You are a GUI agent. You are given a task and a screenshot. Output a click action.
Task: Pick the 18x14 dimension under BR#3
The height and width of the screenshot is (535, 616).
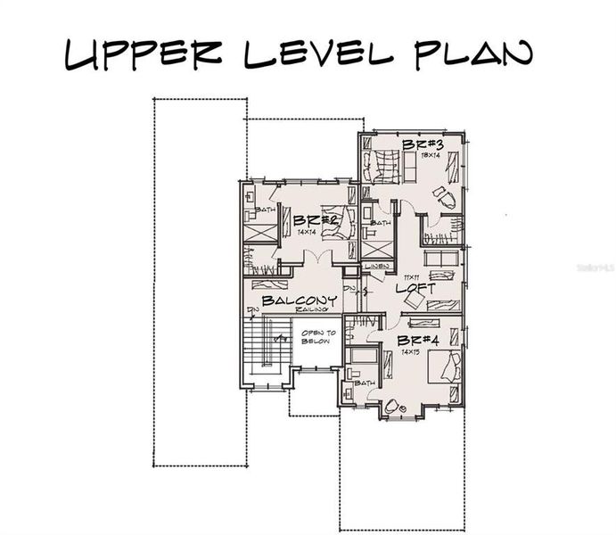click(x=431, y=155)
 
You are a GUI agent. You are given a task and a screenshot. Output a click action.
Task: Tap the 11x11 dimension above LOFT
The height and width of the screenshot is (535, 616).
click(x=411, y=278)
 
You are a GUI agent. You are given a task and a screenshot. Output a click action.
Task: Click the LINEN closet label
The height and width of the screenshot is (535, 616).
click(x=376, y=267)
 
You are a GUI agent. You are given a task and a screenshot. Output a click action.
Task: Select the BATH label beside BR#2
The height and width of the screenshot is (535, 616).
click(x=265, y=210)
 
